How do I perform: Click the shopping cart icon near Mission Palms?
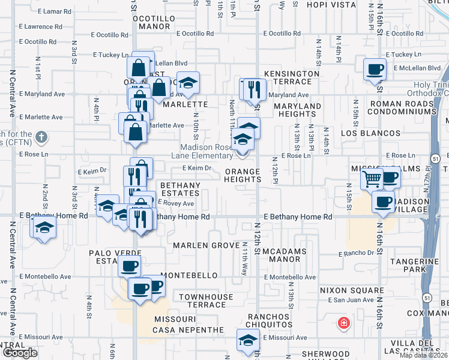(x=372, y=178)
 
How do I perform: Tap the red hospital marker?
(x=343, y=324)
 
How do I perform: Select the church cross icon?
(x=40, y=137)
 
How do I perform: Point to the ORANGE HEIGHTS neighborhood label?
(x=243, y=176)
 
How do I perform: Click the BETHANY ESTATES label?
(x=178, y=189)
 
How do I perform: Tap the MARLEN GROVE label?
(x=206, y=245)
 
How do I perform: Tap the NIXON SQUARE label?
(x=342, y=290)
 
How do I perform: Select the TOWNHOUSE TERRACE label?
(x=201, y=301)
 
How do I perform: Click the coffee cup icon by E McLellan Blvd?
(x=374, y=68)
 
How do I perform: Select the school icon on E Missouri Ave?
(x=248, y=340)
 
